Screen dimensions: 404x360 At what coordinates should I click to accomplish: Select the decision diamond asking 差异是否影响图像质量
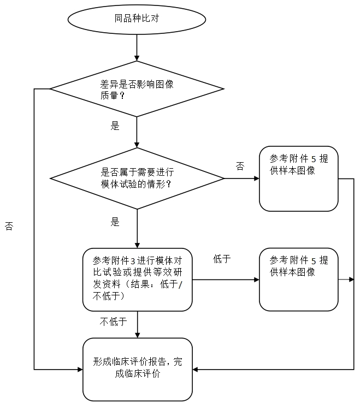137,89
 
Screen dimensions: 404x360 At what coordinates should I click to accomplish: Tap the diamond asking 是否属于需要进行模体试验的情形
137,179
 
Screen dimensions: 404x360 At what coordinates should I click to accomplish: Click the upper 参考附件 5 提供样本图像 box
298,179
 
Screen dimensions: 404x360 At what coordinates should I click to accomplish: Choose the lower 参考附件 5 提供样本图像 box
298,279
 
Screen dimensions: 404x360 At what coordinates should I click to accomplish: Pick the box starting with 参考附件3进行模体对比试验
137,279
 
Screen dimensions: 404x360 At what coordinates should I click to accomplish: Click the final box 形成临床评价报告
137,369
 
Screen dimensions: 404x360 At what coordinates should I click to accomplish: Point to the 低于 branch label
222,259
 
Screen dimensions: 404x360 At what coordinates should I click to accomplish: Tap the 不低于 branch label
113,322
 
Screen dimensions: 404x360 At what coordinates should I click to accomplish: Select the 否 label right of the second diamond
240,166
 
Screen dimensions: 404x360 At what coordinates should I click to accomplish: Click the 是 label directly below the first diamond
115,126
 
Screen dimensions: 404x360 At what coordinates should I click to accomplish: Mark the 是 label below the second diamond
115,222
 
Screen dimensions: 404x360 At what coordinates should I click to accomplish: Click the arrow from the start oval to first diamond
137,49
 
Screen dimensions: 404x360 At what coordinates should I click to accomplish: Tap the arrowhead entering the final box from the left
79,370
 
